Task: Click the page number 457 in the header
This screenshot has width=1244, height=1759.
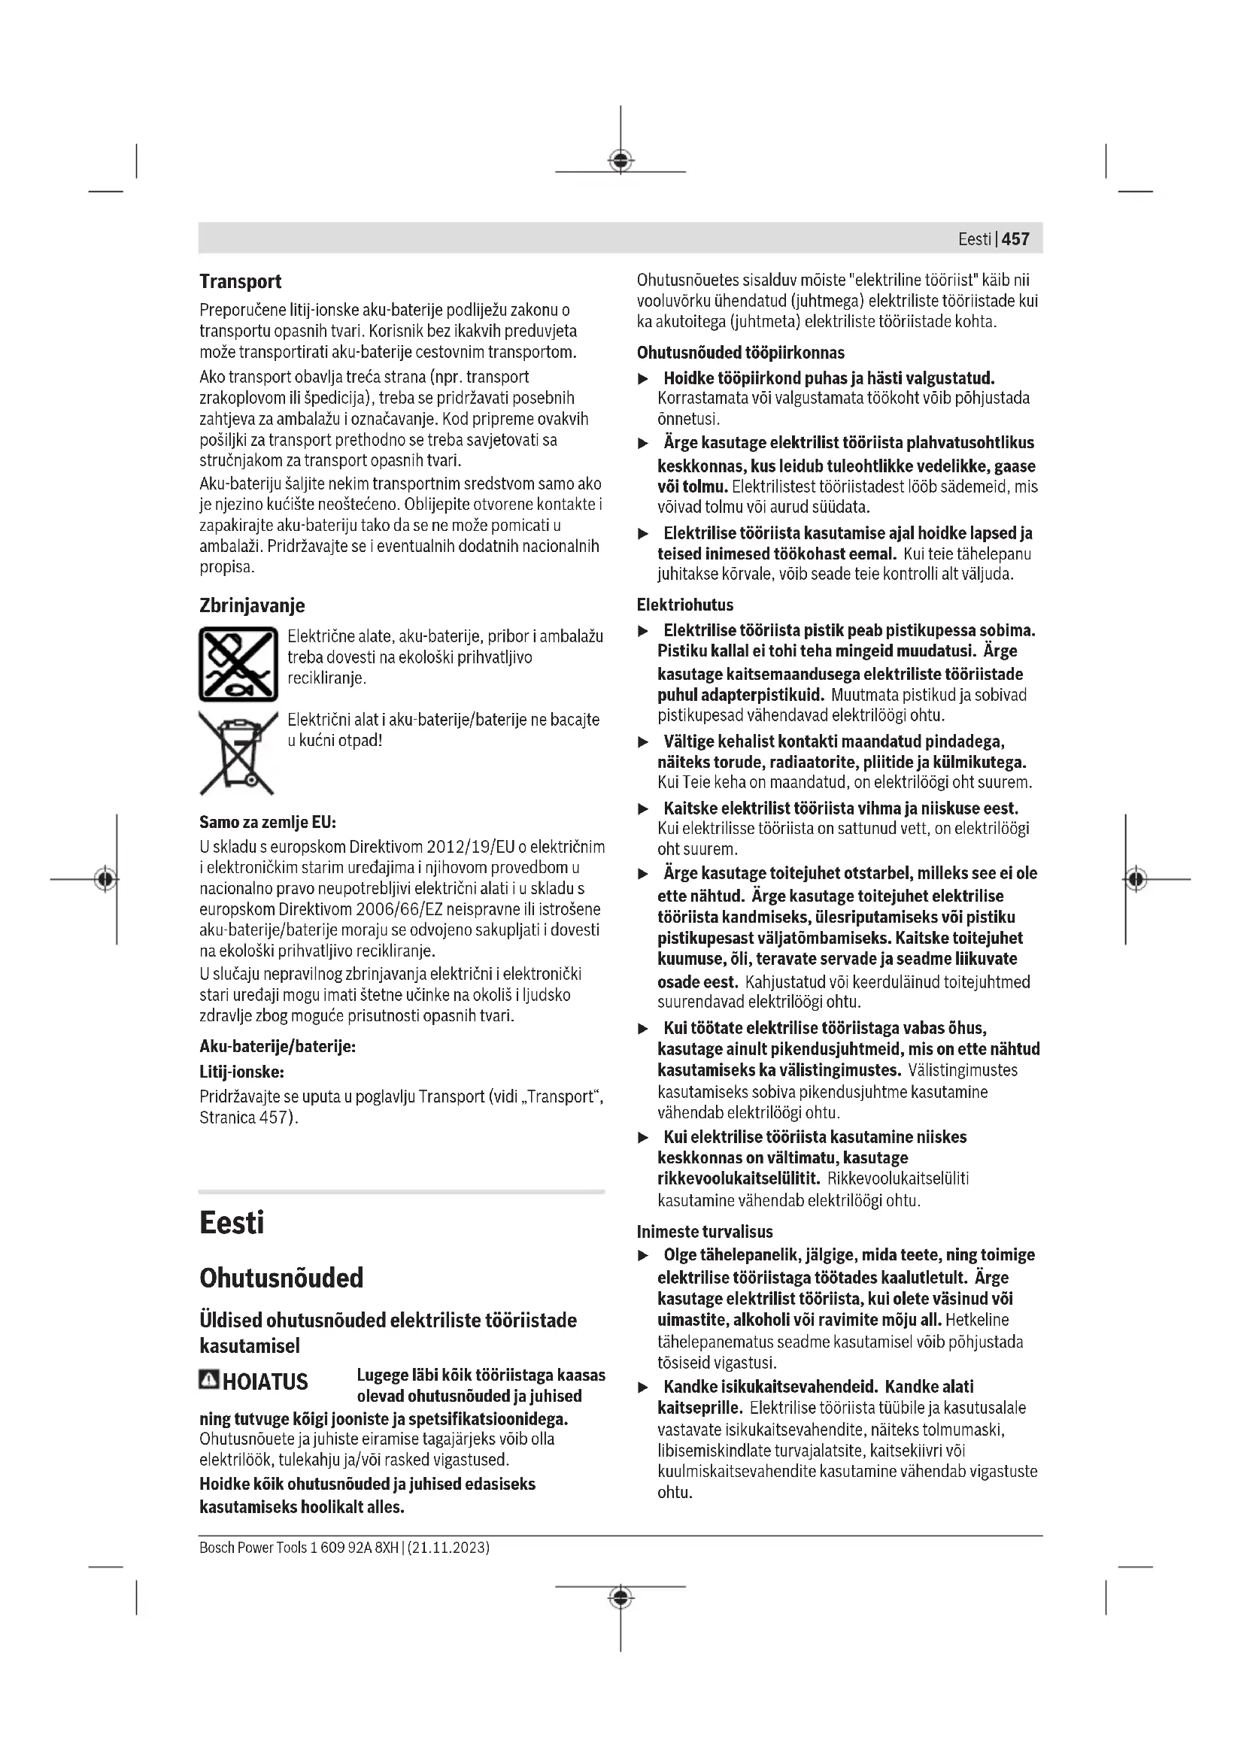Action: coord(1015,239)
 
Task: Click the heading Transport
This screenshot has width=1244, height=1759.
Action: coord(241,282)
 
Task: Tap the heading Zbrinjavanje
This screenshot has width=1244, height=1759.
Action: coord(252,606)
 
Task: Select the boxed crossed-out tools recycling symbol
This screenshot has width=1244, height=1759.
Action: coord(238,664)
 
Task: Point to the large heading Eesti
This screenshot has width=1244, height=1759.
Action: coord(232,1223)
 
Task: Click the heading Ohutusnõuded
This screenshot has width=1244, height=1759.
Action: coord(281,1278)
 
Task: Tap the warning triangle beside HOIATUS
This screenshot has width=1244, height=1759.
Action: coord(208,1381)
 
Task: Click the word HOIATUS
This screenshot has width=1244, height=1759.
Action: coord(265,1382)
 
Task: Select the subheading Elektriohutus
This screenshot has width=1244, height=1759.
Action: coord(685,605)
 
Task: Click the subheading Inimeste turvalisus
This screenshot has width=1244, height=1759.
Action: coord(705,1232)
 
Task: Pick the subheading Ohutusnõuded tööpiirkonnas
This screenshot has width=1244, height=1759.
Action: coord(740,353)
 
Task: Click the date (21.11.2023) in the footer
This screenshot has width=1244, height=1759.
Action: coord(449,1548)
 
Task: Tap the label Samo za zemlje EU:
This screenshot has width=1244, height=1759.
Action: coord(267,823)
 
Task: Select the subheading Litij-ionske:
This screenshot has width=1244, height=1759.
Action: coord(241,1072)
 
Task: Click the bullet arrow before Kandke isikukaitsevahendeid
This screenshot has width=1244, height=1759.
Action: coord(644,1388)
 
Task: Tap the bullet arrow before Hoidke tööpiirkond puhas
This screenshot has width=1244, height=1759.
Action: coord(644,379)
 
